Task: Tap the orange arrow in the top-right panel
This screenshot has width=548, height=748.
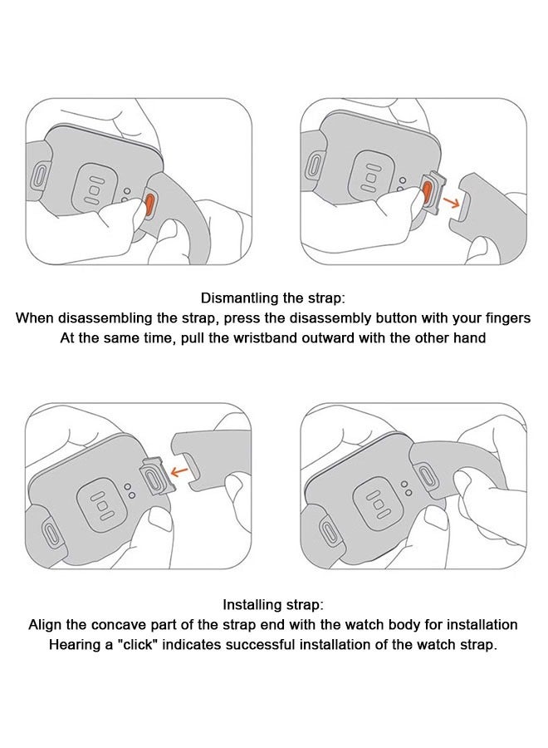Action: pyautogui.click(x=449, y=201)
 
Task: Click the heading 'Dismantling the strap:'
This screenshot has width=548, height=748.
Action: pyautogui.click(x=273, y=298)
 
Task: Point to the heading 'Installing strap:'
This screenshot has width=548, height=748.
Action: pyautogui.click(x=273, y=604)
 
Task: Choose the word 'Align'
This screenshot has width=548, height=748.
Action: pyautogui.click(x=46, y=625)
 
